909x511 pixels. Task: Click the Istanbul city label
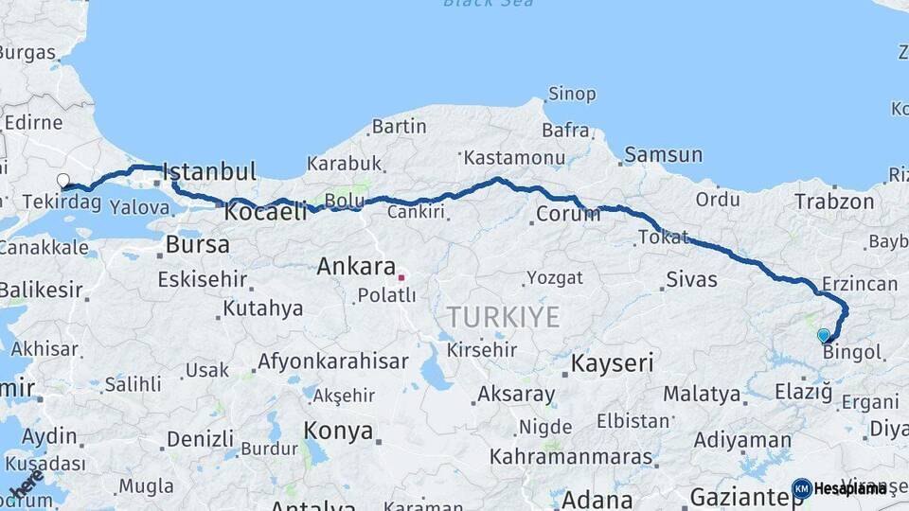pos(209,172)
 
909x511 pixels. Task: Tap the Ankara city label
pos(355,267)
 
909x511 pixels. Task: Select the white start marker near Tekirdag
pos(63,180)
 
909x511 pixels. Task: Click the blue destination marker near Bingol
pos(824,335)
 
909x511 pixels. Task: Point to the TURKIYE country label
pos(503,316)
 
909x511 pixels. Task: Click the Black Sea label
pos(488,4)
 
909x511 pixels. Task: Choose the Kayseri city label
pos(613,362)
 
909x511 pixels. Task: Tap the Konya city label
pos(338,432)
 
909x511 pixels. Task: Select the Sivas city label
pos(691,279)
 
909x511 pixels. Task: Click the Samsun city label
pos(663,154)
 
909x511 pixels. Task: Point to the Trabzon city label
pos(834,202)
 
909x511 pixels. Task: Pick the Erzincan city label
pos(860,284)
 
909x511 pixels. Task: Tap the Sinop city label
pos(572,94)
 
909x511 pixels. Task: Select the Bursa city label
pos(197,244)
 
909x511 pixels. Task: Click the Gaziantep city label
pos(745,497)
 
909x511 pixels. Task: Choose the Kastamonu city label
pos(514,157)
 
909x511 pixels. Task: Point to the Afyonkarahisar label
pos(332,361)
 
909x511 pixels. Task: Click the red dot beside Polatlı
pos(401,277)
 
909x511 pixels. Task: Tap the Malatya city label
pos(701,394)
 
